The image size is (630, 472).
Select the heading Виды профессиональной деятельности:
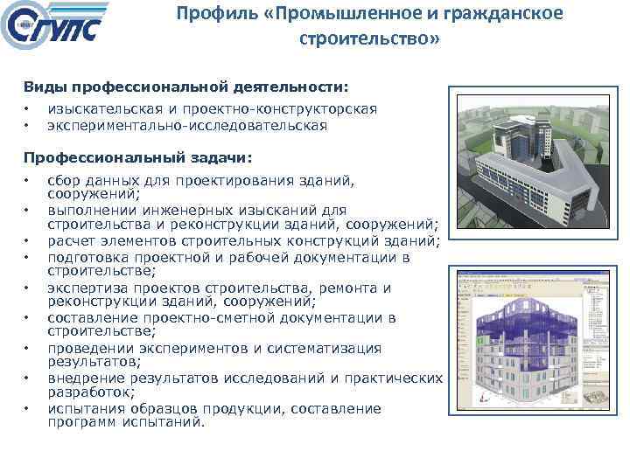tap(185, 87)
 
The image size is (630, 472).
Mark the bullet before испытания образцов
tap(28, 407)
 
